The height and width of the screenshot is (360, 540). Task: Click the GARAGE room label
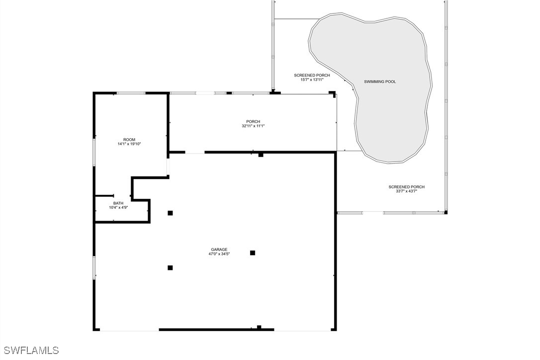click(x=219, y=250)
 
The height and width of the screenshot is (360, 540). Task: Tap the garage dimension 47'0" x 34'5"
click(x=219, y=254)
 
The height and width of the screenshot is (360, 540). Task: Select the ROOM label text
click(x=129, y=140)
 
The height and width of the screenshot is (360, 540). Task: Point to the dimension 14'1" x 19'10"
click(x=129, y=144)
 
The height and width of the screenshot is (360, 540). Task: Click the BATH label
click(x=118, y=203)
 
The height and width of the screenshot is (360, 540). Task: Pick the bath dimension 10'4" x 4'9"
click(x=118, y=208)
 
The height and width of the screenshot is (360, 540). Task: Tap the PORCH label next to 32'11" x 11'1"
click(x=253, y=122)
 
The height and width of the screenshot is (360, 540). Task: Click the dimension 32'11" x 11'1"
click(x=253, y=126)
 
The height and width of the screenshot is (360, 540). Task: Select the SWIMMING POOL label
click(x=380, y=82)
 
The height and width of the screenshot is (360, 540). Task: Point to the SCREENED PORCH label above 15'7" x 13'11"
click(x=312, y=75)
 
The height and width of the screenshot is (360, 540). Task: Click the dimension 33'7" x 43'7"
click(x=406, y=191)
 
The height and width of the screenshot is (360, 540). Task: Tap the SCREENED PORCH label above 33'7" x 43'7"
click(x=406, y=187)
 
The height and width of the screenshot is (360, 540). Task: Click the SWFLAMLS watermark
click(x=30, y=351)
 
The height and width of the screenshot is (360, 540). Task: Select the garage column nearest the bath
click(x=170, y=213)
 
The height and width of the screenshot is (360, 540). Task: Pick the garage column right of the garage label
click(x=253, y=253)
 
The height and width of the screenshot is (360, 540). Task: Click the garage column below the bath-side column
click(x=170, y=268)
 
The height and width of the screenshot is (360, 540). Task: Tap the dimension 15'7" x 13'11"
click(x=312, y=80)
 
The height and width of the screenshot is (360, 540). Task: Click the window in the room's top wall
click(x=131, y=93)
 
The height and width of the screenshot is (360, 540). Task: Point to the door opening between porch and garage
click(x=195, y=152)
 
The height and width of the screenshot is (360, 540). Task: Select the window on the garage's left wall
click(x=94, y=268)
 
